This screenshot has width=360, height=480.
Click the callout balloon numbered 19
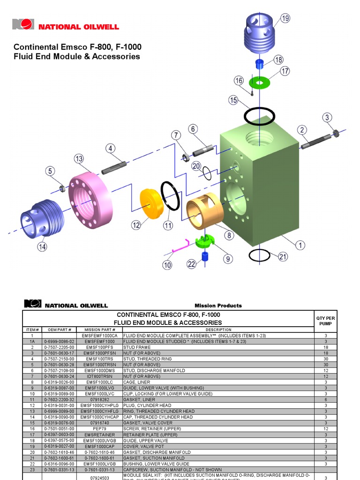pos(285,18)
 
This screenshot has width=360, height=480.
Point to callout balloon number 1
pos(299,245)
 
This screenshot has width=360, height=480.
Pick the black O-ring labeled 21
pos(259,255)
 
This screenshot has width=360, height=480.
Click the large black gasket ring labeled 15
pos(259,116)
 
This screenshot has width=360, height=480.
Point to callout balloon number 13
pos(78,158)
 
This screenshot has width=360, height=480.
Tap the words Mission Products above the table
pos(218,306)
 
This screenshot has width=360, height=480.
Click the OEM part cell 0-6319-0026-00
pos(59,382)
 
